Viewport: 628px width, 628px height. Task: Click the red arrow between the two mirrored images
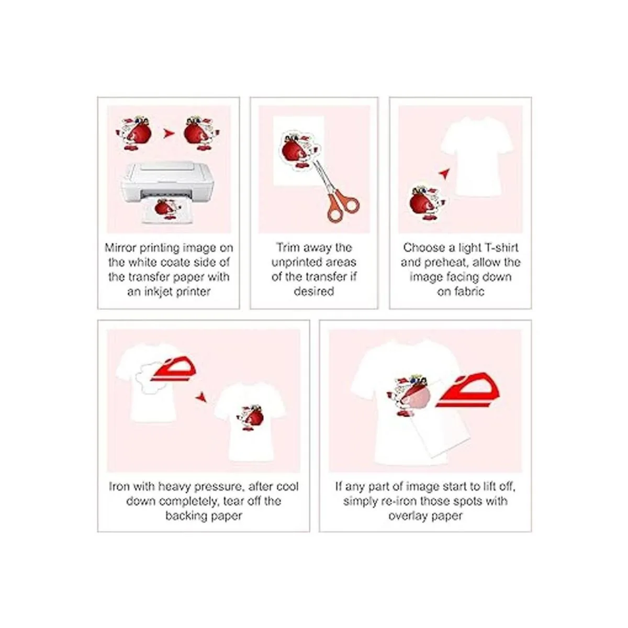pyautogui.click(x=169, y=133)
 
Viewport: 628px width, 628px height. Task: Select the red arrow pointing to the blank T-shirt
pyautogui.click(x=444, y=173)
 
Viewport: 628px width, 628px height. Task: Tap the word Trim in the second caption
pyautogui.click(x=288, y=248)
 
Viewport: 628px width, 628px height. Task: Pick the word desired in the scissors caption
pyautogui.click(x=314, y=291)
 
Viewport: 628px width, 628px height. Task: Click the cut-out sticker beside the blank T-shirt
pyautogui.click(x=428, y=203)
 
